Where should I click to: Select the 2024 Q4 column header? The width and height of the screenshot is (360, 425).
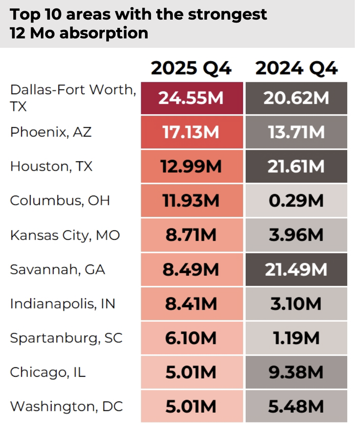pos(296,68)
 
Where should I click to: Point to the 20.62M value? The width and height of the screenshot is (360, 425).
pos(296,98)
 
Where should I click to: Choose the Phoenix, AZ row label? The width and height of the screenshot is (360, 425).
pos(51,132)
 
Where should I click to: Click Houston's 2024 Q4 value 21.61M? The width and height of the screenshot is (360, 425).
pos(296,166)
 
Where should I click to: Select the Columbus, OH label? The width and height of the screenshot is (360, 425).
pos(60,200)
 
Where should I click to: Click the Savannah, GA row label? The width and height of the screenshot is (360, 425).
pos(58,269)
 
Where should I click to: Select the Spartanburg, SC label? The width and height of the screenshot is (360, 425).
pos(66,338)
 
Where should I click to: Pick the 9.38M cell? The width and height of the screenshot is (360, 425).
pos(296,373)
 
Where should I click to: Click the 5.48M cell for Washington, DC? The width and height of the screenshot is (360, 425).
pos(296,406)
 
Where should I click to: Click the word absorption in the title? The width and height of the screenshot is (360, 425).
pos(104,33)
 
